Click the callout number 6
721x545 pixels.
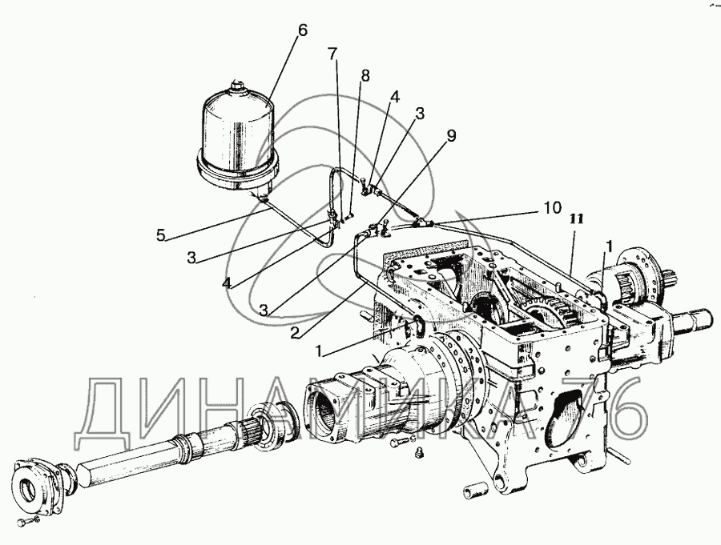coord(301,30)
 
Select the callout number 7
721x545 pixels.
coord(332,54)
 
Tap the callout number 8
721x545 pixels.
coord(365,76)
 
